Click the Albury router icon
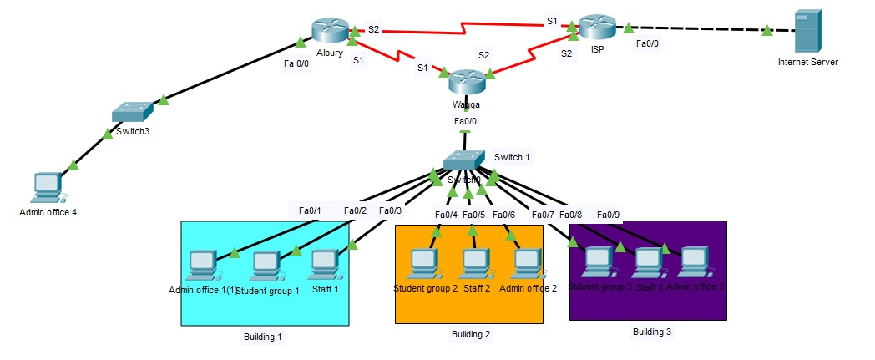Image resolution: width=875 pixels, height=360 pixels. pyautogui.click(x=330, y=30)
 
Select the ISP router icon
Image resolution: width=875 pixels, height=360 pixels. pyautogui.click(x=597, y=28)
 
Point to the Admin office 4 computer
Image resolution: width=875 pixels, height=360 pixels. pyautogui.click(x=48, y=188)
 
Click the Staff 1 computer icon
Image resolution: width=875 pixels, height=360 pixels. pyautogui.click(x=324, y=264)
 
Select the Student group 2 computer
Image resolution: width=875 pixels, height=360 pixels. pyautogui.click(x=423, y=264)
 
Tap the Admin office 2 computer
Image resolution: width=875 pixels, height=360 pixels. pyautogui.click(x=528, y=264)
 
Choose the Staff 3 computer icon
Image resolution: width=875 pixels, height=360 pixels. pyautogui.click(x=647, y=263)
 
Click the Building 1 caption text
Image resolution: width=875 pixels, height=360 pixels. pyautogui.click(x=262, y=337)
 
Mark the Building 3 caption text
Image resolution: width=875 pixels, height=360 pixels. pyautogui.click(x=652, y=332)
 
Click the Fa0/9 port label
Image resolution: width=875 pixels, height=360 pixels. pyautogui.click(x=609, y=215)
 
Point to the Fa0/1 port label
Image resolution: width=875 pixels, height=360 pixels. pyautogui.click(x=310, y=210)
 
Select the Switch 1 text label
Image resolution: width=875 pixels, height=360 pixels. pyautogui.click(x=512, y=157)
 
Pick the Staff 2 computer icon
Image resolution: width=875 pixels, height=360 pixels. pyautogui.click(x=475, y=264)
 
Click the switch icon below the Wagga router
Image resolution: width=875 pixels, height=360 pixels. pyautogui.click(x=463, y=160)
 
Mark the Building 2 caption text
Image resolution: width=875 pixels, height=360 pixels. pyautogui.click(x=471, y=335)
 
